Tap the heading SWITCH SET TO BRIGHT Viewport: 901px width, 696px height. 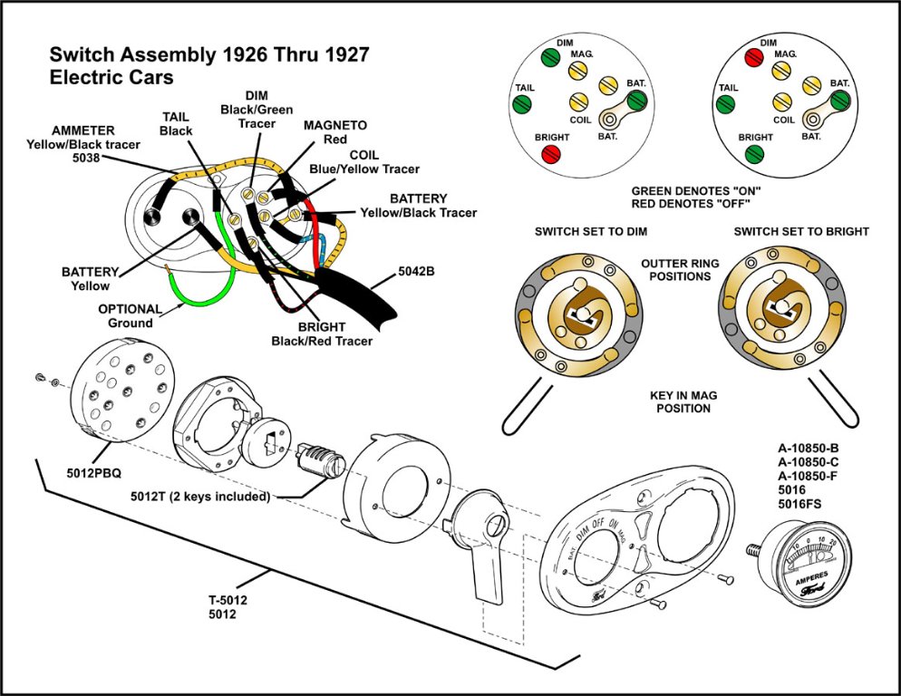[x=801, y=232]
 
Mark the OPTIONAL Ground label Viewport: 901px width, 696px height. [x=131, y=315]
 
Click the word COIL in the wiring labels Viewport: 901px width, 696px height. [x=364, y=155]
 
